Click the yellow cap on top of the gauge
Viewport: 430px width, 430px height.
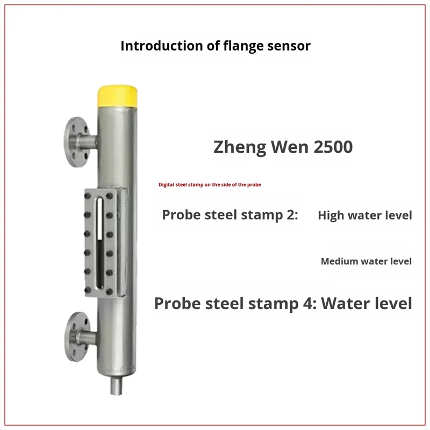pyautogui.click(x=117, y=97)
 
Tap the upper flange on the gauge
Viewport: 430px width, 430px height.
pyautogui.click(x=76, y=142)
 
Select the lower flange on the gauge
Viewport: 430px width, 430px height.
pyautogui.click(x=77, y=337)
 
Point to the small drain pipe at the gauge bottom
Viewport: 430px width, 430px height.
pyautogui.click(x=116, y=385)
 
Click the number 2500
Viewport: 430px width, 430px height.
pyautogui.click(x=333, y=147)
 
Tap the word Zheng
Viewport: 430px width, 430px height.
pyautogui.click(x=239, y=147)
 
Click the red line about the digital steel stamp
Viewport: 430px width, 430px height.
pyautogui.click(x=210, y=184)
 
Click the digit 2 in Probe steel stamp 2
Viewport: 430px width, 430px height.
pyautogui.click(x=290, y=214)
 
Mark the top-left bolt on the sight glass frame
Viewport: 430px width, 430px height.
pyautogui.click(x=88, y=196)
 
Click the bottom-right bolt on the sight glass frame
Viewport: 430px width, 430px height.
pyautogui.click(x=110, y=292)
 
